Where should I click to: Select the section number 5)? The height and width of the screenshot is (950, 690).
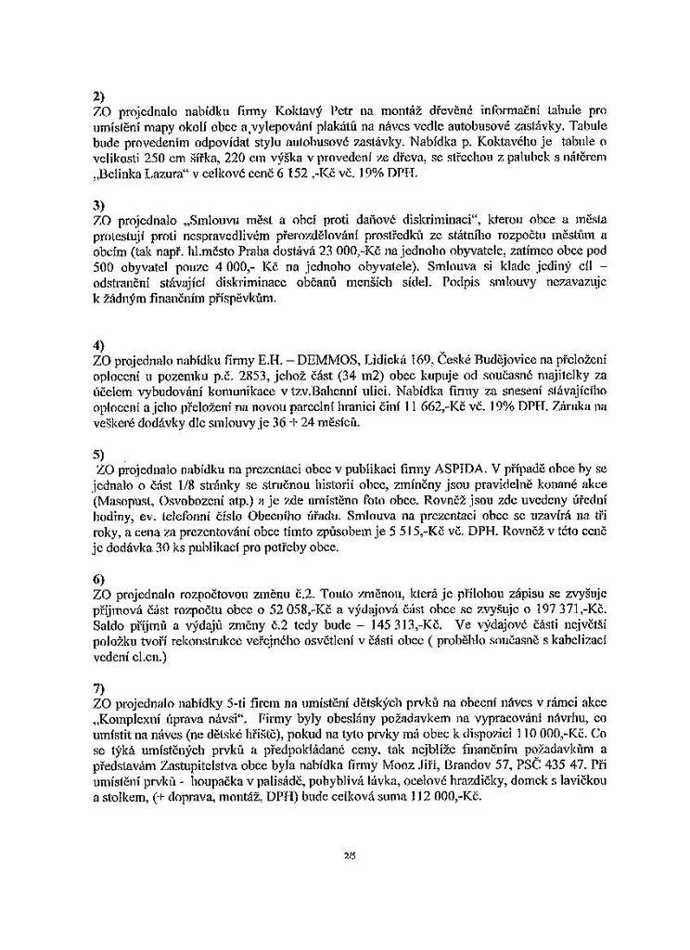coord(99,455)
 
